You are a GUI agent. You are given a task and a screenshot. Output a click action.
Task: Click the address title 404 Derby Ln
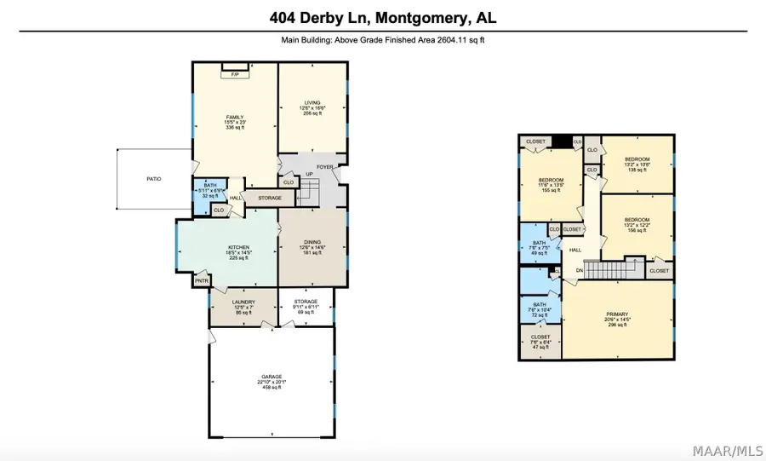tap(382, 17)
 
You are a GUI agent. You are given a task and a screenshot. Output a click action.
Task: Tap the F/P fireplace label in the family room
tap(235, 75)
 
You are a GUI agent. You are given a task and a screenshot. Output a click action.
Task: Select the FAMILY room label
tap(235, 118)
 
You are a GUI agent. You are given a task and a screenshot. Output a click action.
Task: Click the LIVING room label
tap(313, 103)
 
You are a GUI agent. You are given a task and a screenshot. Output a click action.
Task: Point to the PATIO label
tap(153, 179)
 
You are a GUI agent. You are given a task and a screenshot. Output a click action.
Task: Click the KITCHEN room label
tap(226, 248)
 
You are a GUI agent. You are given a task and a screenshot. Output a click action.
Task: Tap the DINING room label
tap(313, 247)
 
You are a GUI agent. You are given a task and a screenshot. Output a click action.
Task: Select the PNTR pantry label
tap(202, 279)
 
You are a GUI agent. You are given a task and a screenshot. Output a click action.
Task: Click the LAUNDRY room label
tap(243, 302)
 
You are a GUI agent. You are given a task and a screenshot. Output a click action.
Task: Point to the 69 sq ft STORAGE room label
tap(306, 302)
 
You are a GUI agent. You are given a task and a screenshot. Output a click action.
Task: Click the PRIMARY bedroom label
tap(617, 314)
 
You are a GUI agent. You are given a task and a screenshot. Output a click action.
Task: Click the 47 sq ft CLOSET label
tap(540, 337)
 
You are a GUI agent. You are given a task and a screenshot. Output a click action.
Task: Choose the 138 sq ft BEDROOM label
tap(637, 159)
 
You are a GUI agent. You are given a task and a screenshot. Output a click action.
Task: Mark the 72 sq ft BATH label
tap(539, 304)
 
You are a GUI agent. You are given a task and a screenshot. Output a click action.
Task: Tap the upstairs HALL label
tap(575, 250)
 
